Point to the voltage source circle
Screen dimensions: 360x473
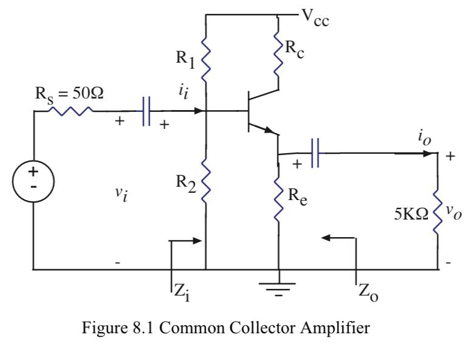tap(33, 177)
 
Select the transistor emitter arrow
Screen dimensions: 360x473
tap(268, 130)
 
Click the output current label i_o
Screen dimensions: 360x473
tap(424, 136)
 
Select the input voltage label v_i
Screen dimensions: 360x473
tap(122, 196)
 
